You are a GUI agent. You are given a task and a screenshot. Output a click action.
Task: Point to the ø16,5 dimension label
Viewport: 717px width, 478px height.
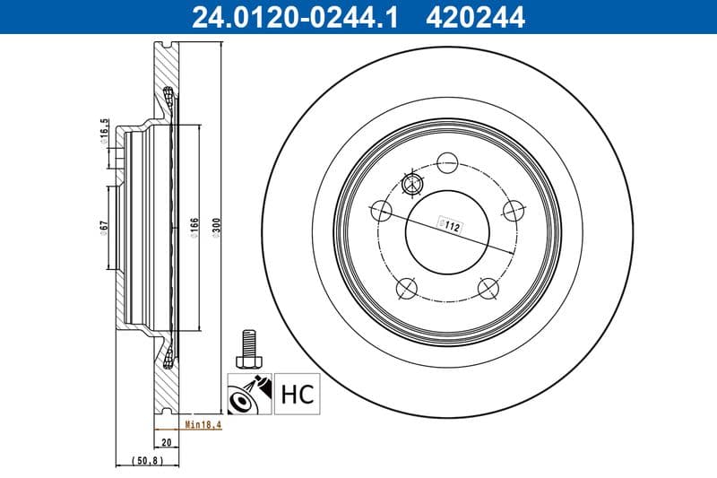[x=104, y=133]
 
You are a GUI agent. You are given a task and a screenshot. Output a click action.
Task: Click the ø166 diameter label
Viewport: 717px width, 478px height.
[x=194, y=230]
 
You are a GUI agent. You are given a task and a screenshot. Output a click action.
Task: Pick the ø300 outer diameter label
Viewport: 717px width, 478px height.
[x=215, y=230]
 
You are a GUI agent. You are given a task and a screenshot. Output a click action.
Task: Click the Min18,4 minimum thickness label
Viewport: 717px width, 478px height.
[x=199, y=425]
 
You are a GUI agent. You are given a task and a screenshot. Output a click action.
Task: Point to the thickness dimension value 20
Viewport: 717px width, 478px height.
[x=167, y=442]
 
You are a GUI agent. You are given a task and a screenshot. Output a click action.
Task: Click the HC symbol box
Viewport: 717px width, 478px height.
[x=297, y=394]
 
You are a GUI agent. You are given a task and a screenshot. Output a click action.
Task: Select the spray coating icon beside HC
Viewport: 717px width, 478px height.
[x=249, y=394]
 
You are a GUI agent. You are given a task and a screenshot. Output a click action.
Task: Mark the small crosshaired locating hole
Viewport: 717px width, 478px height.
[x=412, y=185]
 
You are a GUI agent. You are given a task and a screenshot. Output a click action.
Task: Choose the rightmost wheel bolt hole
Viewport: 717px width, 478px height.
[x=513, y=210]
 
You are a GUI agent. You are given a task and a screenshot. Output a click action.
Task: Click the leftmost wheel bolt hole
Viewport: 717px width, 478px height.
[x=382, y=211]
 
